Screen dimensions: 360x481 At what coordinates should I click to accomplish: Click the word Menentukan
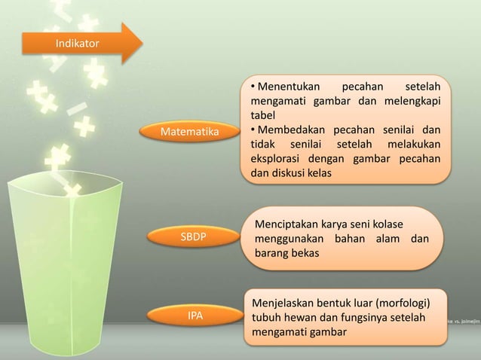click(290, 87)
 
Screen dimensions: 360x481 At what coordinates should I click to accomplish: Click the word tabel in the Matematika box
click(263, 115)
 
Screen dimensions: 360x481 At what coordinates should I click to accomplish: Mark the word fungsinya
click(363, 319)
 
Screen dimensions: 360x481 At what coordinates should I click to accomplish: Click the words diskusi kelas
click(302, 172)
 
